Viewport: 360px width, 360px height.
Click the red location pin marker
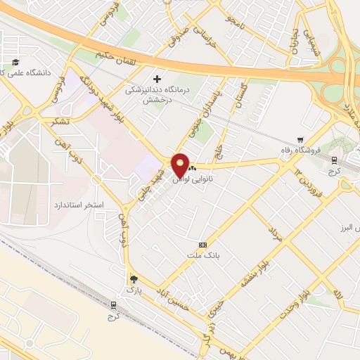click(180, 166)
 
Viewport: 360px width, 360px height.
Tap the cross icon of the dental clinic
click(157, 79)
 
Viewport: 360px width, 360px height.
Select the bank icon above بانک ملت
click(203, 244)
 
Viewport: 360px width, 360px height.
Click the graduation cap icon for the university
click(16, 61)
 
